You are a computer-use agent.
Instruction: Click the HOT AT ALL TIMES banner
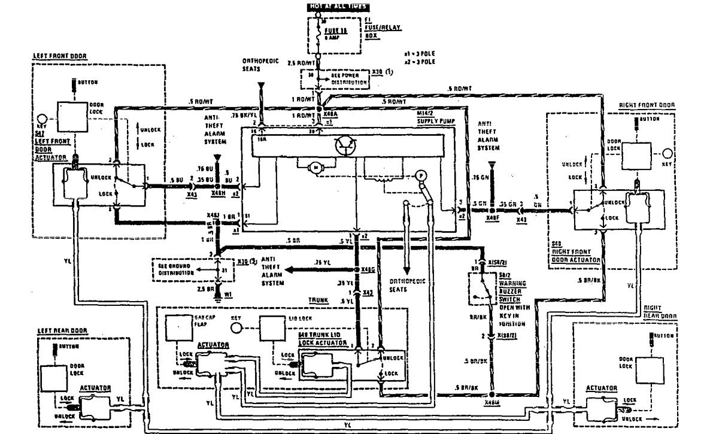(337, 7)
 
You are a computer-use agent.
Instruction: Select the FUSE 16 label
(336, 32)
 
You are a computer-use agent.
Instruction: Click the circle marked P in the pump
(421, 176)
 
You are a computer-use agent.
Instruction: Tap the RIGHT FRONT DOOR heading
(647, 105)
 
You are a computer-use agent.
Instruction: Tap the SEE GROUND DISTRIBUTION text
(177, 269)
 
